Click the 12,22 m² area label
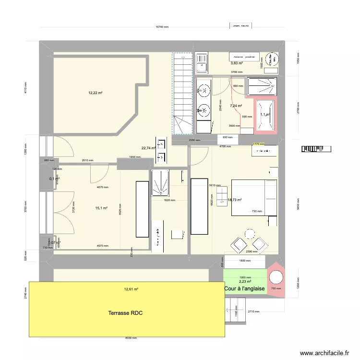click(x=95, y=93)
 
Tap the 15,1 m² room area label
click(x=101, y=208)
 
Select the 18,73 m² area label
click(x=234, y=200)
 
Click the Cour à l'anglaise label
click(x=244, y=288)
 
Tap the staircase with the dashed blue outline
click(x=182, y=94)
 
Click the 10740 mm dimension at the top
click(x=162, y=27)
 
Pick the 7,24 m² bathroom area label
click(x=236, y=106)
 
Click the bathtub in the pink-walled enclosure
click(x=266, y=114)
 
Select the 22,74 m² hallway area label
click(x=148, y=148)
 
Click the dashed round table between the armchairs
click(x=249, y=234)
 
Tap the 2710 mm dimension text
click(x=254, y=312)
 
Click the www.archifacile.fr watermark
click(x=325, y=353)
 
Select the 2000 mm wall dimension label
click(x=194, y=141)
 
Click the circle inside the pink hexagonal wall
click(x=276, y=278)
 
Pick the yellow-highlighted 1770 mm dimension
click(x=259, y=144)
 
